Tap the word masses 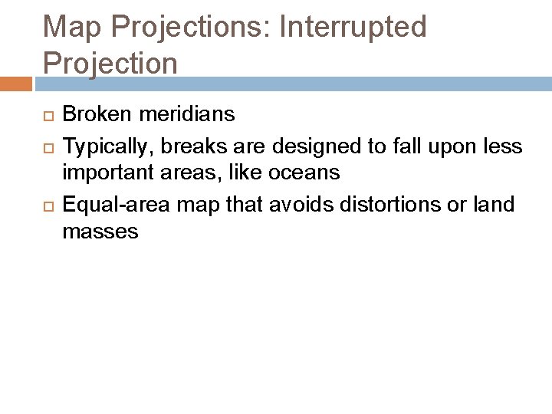click(x=100, y=231)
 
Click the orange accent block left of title click(x=15, y=83)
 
